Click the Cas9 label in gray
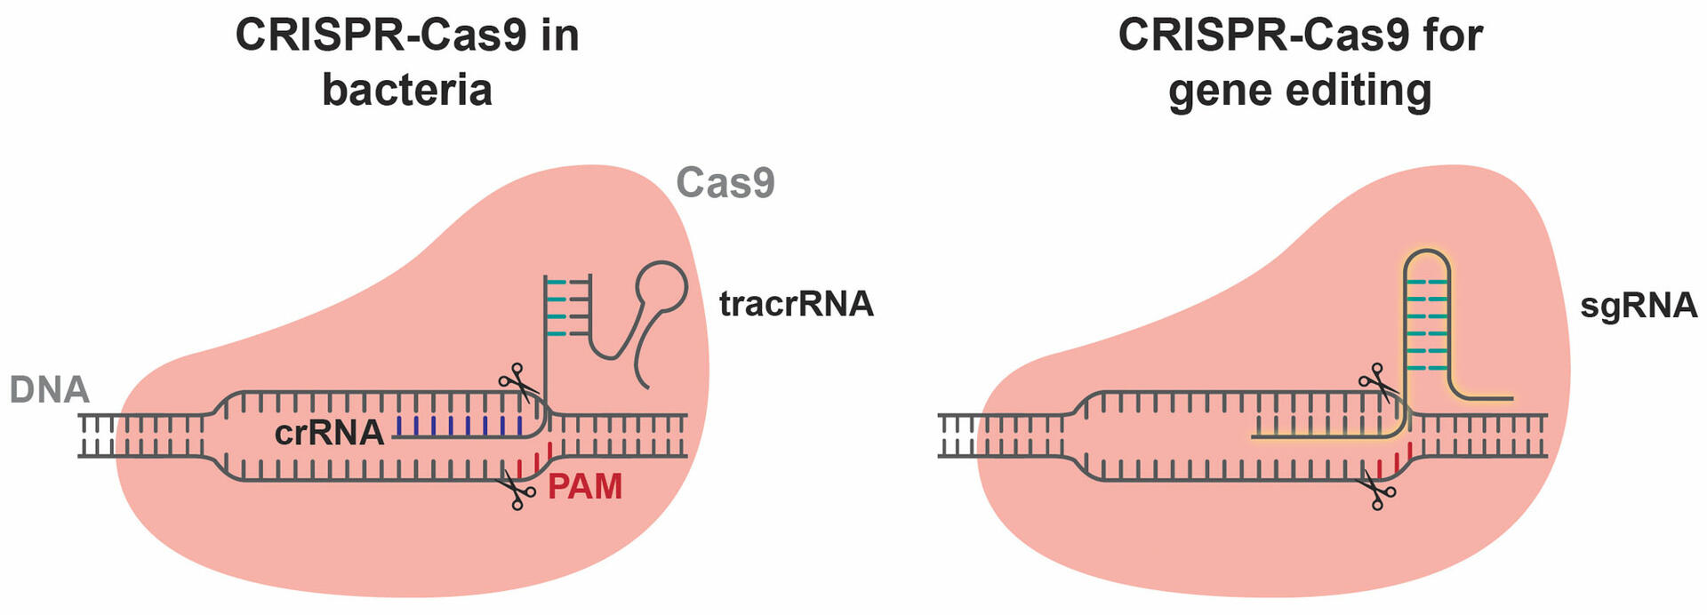(x=725, y=183)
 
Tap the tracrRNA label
(x=796, y=304)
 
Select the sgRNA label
(x=1638, y=305)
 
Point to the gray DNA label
(x=50, y=390)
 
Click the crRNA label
(x=329, y=433)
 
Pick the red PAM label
(x=584, y=487)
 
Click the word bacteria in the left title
(x=407, y=90)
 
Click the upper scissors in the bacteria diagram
(x=518, y=382)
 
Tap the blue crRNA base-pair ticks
(x=458, y=426)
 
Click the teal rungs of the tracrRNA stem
(x=557, y=307)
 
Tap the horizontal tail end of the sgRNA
(x=1503, y=397)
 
